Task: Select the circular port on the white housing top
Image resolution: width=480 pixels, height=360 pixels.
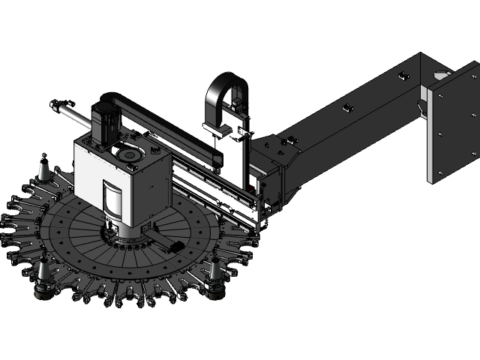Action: click(x=127, y=154)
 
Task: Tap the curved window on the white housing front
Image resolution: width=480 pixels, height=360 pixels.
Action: click(x=113, y=199)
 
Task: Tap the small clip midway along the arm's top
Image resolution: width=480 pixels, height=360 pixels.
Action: click(x=347, y=108)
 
